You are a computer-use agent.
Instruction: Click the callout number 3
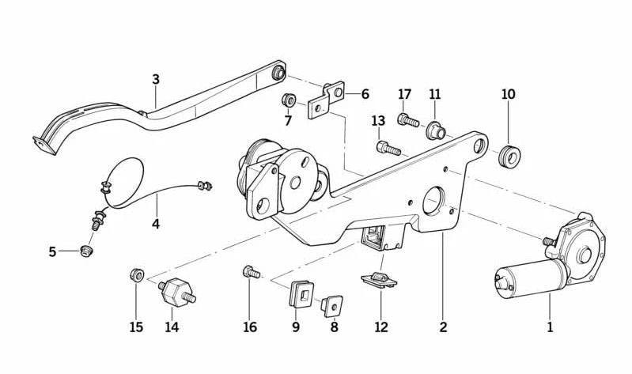156,79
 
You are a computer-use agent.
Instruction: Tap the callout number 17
405,95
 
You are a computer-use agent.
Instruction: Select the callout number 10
508,94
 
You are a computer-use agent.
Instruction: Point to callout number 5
52,252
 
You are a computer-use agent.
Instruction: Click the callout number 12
381,327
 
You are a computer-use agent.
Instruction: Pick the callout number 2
443,327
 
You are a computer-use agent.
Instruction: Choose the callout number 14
172,327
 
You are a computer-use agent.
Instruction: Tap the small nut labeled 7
290,101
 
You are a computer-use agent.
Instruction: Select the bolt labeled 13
389,148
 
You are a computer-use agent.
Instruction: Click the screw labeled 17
407,121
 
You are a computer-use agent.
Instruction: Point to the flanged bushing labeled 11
434,129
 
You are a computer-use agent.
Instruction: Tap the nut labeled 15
136,275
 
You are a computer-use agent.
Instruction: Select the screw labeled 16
250,273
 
